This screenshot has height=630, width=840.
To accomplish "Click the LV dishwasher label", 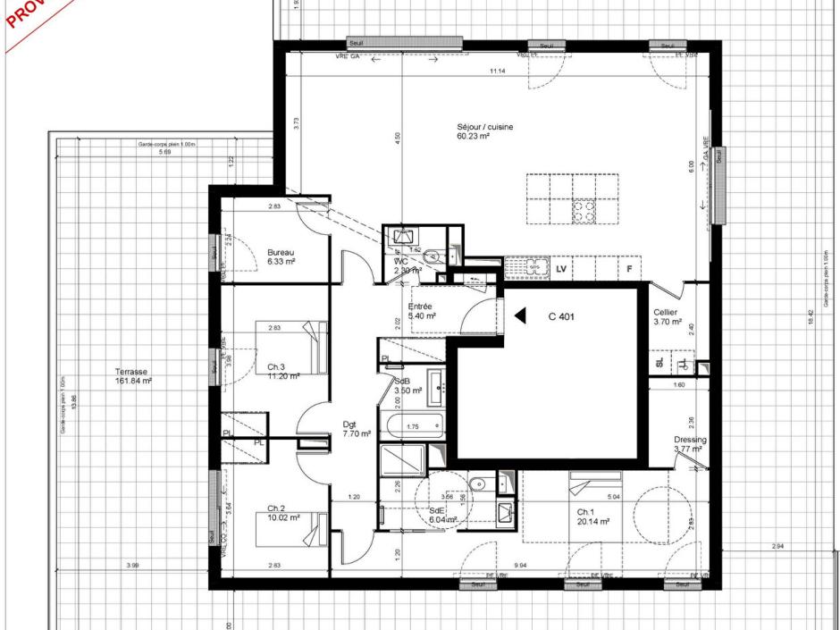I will [562, 268].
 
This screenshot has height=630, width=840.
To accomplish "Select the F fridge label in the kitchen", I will [629, 268].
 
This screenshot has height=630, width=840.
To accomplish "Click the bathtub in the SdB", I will [413, 427].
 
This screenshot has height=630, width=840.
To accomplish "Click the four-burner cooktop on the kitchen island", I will [584, 211].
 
